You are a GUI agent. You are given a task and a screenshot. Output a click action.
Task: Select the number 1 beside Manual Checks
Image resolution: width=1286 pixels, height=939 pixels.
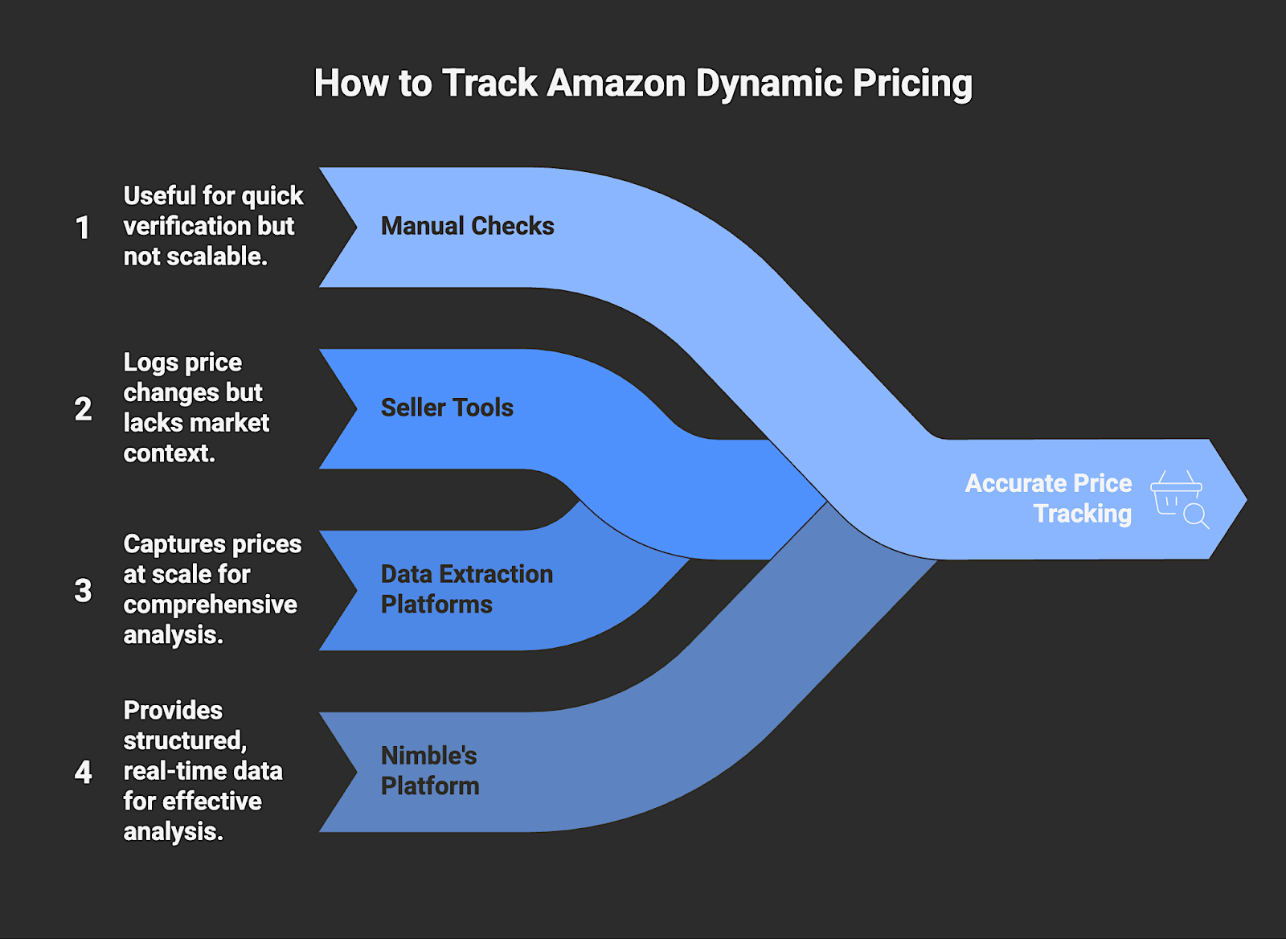[82, 228]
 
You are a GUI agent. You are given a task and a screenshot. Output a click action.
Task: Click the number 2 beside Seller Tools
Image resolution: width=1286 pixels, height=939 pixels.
[83, 409]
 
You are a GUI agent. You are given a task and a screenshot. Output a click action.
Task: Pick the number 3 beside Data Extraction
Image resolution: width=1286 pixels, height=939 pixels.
[83, 591]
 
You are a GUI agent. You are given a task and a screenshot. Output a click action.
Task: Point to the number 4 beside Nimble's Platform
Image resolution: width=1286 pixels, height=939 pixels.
[83, 773]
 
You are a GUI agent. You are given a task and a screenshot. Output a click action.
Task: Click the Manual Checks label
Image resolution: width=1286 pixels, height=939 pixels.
[467, 227]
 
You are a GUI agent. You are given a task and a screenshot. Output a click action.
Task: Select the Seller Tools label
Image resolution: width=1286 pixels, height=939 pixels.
[447, 408]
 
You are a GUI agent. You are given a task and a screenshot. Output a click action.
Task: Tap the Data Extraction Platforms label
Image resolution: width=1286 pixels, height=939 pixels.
[466, 589]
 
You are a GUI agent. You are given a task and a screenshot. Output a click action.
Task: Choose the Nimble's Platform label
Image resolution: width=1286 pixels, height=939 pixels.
[429, 771]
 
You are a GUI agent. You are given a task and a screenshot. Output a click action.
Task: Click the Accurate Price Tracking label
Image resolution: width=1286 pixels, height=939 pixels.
[1048, 498]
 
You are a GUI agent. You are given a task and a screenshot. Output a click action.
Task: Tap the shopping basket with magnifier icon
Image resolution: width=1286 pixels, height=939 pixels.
[1179, 499]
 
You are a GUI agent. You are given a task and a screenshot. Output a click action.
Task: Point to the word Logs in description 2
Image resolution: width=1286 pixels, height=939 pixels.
[150, 363]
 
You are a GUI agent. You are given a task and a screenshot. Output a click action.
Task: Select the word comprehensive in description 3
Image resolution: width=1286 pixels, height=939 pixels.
[210, 605]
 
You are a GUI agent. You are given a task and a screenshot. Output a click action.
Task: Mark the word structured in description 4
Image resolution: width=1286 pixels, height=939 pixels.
[184, 740]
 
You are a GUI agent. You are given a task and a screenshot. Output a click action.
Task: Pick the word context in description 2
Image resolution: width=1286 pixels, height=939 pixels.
[168, 453]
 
